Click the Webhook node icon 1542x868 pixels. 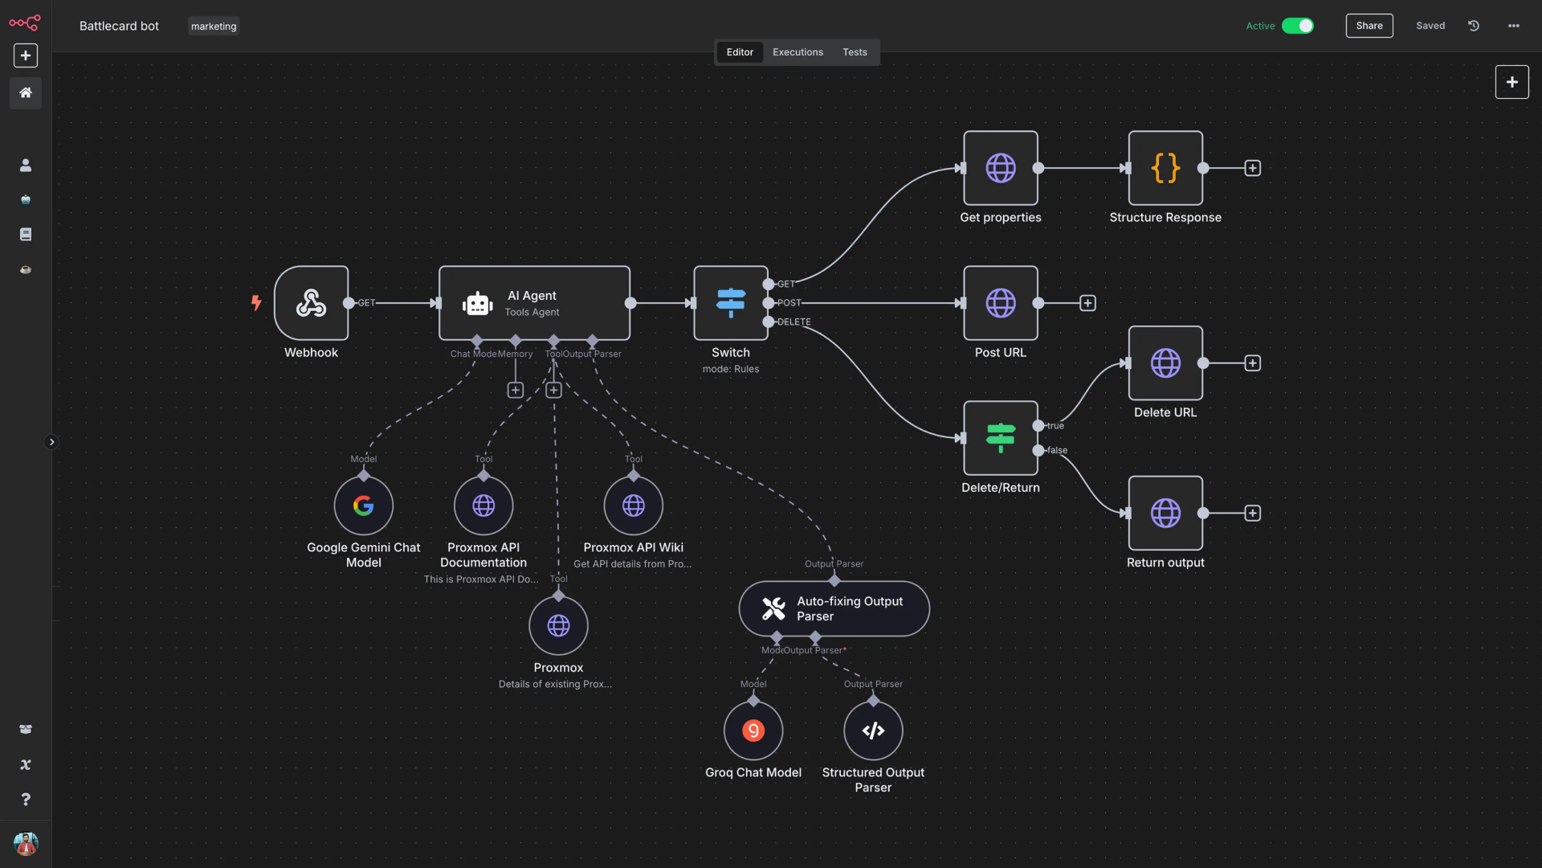click(x=311, y=303)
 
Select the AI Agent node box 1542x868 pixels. click(x=534, y=303)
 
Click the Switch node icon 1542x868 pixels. click(x=730, y=303)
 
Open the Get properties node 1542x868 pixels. click(x=1000, y=168)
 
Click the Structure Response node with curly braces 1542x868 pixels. click(x=1165, y=168)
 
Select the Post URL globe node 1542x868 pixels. click(x=1000, y=303)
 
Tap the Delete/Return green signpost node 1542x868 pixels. click(x=1000, y=438)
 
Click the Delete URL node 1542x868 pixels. click(x=1165, y=363)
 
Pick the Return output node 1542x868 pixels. click(x=1165, y=513)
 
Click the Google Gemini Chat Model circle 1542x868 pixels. click(x=363, y=506)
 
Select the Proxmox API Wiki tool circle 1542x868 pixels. click(x=633, y=506)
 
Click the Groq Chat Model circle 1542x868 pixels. click(x=753, y=731)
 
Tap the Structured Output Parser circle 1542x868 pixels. click(x=873, y=731)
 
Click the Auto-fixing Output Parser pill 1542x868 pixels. click(x=834, y=608)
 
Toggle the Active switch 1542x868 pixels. click(x=1297, y=26)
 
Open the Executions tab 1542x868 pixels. click(x=797, y=52)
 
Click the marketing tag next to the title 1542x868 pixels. click(x=213, y=27)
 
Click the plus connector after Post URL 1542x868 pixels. click(x=1087, y=303)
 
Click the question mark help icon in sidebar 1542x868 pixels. click(x=26, y=799)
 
